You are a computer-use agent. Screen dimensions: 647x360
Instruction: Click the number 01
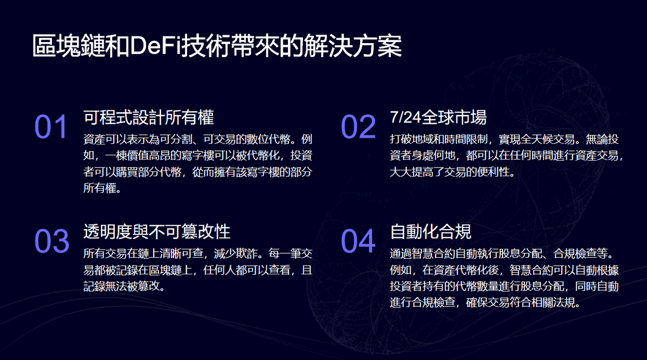(51, 127)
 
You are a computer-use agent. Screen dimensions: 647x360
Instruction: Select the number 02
(358, 127)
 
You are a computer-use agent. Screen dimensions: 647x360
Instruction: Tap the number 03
(52, 241)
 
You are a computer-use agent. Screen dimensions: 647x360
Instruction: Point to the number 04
(358, 241)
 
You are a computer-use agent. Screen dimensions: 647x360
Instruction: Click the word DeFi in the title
(155, 45)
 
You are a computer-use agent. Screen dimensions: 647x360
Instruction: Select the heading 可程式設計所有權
(149, 117)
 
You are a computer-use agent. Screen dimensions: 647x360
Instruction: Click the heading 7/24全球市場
(438, 117)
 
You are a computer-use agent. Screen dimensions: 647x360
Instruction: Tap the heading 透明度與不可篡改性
(157, 232)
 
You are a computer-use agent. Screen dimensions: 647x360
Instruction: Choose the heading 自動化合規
(431, 232)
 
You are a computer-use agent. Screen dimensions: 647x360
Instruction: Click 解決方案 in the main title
(353, 45)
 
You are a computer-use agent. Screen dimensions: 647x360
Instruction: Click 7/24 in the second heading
(405, 117)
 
